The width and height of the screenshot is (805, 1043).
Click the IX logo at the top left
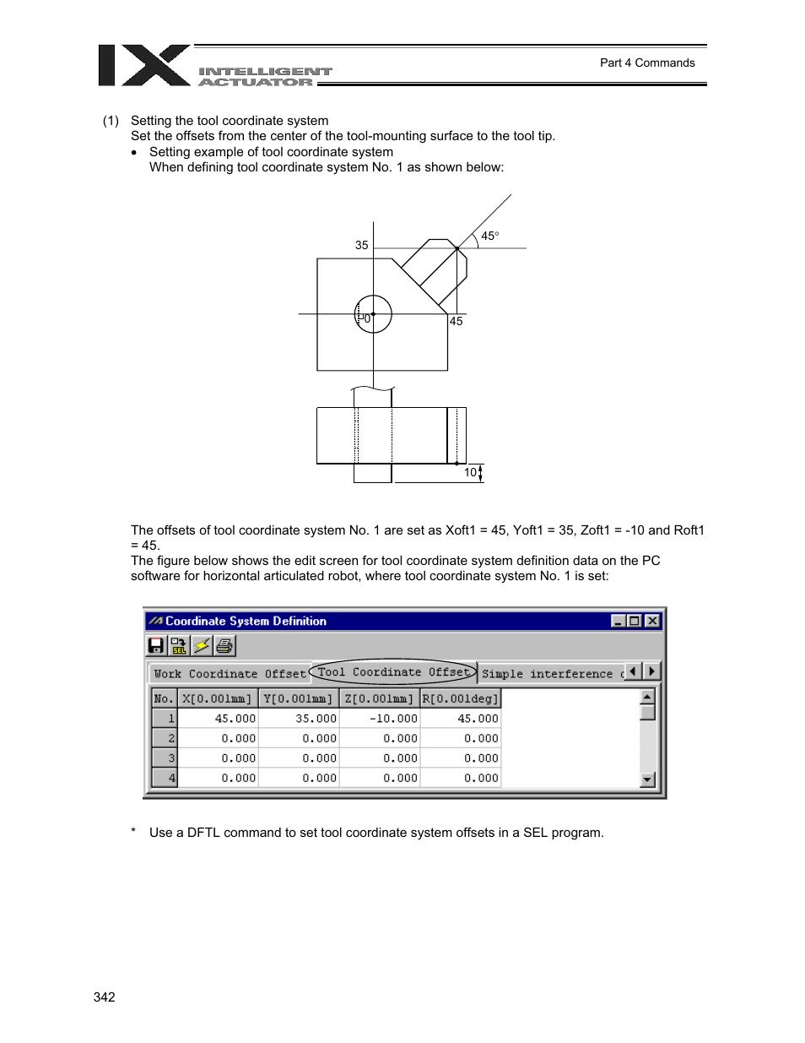pos(143,66)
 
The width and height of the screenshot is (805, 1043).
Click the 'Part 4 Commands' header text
pos(647,62)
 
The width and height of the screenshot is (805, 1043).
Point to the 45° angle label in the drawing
pos(489,236)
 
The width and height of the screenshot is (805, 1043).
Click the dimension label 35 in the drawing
pos(361,246)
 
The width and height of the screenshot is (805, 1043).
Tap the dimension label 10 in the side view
pos(470,473)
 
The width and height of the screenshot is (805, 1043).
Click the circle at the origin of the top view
pos(373,314)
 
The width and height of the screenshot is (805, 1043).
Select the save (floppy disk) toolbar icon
pos(156,646)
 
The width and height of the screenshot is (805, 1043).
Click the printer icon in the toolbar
pos(224,646)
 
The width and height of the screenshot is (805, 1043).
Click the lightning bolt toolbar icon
pos(202,646)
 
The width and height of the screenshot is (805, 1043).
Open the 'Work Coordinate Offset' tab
pos(230,674)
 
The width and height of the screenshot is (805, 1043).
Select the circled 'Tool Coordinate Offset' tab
pos(393,672)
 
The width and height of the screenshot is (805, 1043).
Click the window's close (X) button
pos(652,621)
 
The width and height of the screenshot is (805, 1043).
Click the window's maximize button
pos(635,621)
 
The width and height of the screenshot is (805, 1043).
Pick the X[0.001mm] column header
pos(217,698)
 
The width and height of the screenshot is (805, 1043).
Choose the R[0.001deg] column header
pos(460,698)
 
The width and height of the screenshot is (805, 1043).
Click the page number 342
pos(105,997)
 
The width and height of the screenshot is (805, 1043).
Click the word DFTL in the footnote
pos(203,833)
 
